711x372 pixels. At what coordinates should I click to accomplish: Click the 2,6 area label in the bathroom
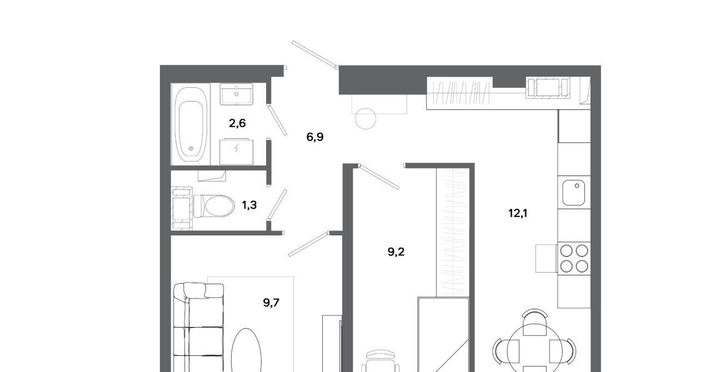237,123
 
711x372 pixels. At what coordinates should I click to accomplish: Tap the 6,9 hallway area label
315,137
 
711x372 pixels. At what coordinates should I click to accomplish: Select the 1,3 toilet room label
249,205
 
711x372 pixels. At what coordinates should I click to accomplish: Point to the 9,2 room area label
396,252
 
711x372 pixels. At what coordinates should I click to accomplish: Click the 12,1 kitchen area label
518,213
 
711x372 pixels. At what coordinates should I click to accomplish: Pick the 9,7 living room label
271,303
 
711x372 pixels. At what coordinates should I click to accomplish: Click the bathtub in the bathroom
191,124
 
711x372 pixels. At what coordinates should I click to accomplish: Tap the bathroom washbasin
237,94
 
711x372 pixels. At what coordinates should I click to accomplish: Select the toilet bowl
214,206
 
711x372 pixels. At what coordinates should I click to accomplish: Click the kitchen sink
574,192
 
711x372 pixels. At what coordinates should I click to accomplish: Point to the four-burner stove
574,258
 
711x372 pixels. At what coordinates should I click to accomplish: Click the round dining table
534,349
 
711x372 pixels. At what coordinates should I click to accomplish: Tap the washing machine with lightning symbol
237,152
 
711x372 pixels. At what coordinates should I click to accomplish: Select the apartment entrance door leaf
314,54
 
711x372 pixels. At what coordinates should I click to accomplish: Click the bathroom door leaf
277,120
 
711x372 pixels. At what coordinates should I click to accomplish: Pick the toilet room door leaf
277,204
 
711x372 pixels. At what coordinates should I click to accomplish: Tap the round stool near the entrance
365,118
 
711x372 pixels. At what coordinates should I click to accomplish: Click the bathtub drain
191,148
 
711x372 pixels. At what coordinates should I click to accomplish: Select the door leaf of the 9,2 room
379,177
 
